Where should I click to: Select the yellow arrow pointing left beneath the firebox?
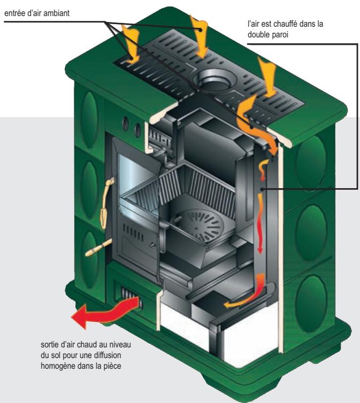pyautogui.click(x=239, y=305)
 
